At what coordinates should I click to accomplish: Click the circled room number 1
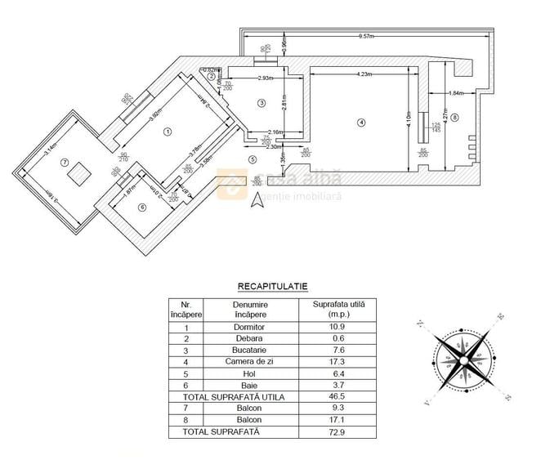(168, 131)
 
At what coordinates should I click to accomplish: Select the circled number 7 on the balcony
(64, 162)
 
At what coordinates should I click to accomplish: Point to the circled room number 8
(455, 118)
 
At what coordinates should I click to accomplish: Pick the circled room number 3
(261, 103)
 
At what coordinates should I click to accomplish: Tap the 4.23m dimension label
(364, 74)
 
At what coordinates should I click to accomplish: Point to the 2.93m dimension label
(263, 78)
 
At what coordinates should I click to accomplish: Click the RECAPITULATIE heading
(272, 287)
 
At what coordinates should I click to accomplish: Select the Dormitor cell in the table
(249, 327)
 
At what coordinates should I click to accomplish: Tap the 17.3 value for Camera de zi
(339, 361)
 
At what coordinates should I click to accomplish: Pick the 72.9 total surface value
(339, 431)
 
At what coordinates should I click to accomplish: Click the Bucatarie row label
(249, 350)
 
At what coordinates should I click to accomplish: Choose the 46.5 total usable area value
(339, 396)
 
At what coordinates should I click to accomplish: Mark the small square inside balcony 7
(78, 173)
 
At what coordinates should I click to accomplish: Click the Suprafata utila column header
(339, 308)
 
